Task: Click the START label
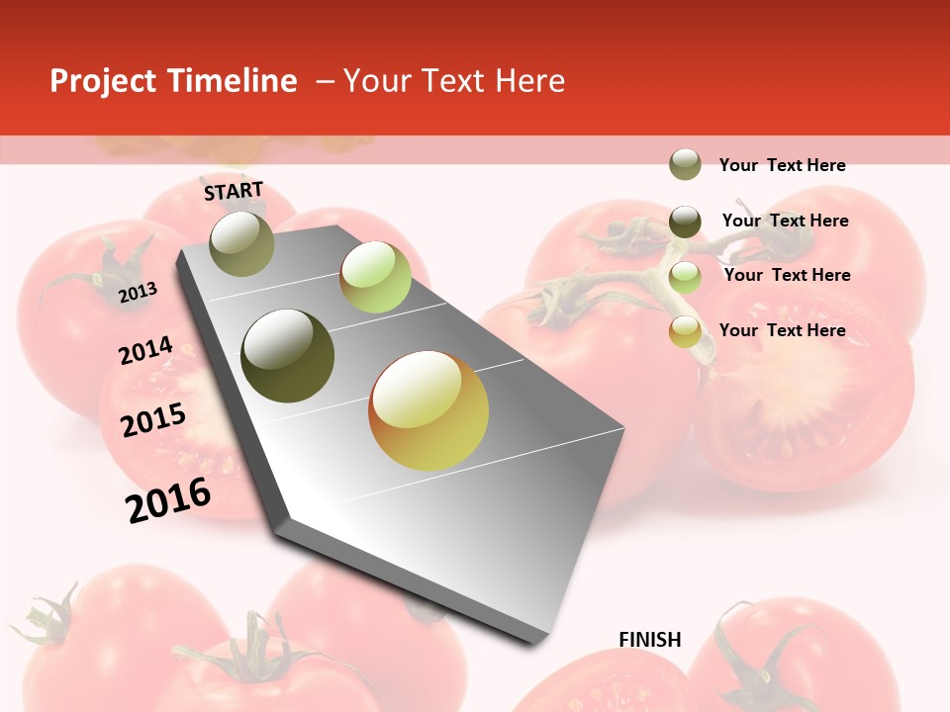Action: point(234,191)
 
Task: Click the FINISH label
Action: point(650,640)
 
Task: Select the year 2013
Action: point(138,292)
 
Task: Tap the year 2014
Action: point(145,351)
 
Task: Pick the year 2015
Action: point(153,420)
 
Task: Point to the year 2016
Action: point(168,499)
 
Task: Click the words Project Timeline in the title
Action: point(173,81)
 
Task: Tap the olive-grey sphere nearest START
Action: point(242,243)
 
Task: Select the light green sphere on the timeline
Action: point(375,277)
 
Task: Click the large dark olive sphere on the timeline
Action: point(288,356)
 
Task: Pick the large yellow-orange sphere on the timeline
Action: point(428,410)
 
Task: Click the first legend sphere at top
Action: point(685,165)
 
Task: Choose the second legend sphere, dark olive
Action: point(685,222)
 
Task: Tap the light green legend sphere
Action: point(685,277)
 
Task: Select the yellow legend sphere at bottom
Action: point(685,331)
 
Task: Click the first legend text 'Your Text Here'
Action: point(782,165)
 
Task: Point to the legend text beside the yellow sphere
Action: point(782,330)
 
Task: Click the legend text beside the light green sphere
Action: point(787,275)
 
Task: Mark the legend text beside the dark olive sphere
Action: point(785,221)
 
